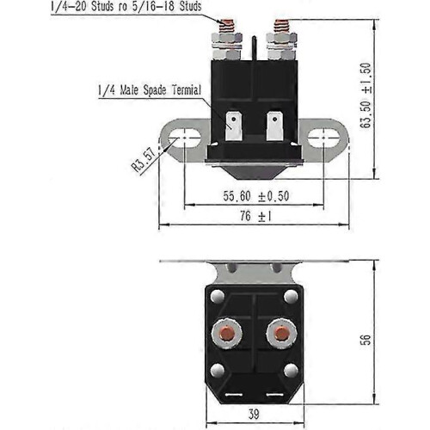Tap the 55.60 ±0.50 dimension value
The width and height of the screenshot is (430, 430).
[x=256, y=196]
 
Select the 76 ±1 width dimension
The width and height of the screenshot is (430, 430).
[x=255, y=216]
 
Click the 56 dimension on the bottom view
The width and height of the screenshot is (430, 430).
[x=365, y=340]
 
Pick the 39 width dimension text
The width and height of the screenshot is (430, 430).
[x=254, y=414]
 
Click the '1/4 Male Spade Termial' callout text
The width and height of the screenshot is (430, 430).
[x=150, y=90]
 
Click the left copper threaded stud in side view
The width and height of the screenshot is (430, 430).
[x=226, y=26]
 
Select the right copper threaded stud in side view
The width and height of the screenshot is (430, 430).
[x=281, y=26]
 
